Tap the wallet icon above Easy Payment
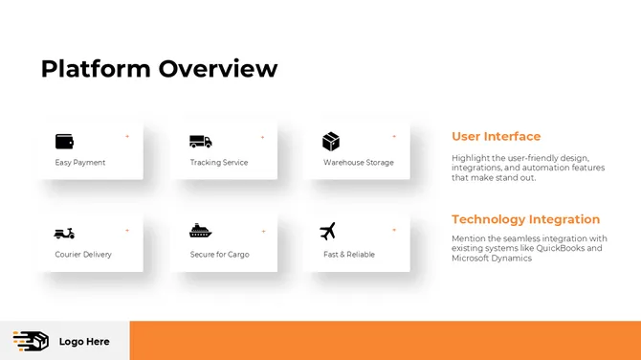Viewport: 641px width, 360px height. coord(64,142)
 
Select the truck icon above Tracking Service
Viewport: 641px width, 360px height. coord(200,142)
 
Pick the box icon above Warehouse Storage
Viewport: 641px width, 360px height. coord(331,142)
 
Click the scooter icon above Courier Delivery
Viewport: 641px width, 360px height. coord(64,233)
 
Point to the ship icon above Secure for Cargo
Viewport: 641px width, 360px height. coord(200,232)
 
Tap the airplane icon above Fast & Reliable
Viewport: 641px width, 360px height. coord(328,232)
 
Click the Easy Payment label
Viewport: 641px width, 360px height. coord(80,163)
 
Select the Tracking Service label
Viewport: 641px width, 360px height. coord(219,163)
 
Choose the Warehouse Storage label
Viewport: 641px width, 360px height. coord(359,163)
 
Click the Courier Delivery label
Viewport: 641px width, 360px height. coord(83,255)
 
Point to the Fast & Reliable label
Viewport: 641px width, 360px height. coord(349,255)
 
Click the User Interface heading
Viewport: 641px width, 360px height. coord(496,137)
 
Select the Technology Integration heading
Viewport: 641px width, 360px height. coord(525,219)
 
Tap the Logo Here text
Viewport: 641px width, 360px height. coord(84,342)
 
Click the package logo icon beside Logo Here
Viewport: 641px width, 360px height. coord(31,341)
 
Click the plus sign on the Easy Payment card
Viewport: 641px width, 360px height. coord(127,137)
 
